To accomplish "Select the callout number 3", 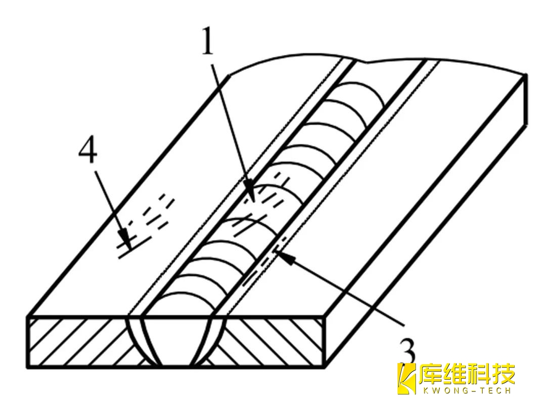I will (407, 348).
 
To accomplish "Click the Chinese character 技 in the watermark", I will (503, 374).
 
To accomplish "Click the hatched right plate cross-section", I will (273, 341).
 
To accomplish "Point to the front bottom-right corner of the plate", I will (324, 366).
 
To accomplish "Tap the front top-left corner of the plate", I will (28, 317).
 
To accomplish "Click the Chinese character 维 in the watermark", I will (454, 374).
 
